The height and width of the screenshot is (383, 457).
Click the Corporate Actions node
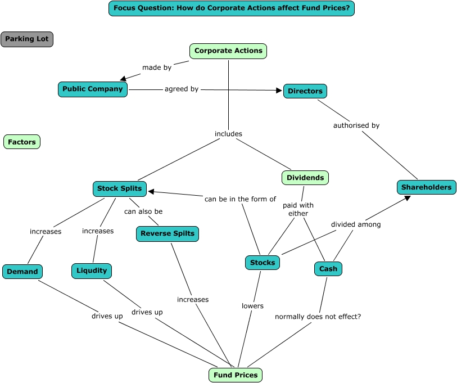pyautogui.click(x=228, y=51)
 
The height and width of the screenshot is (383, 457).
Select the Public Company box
pyautogui.click(x=93, y=89)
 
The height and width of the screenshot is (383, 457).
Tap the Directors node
pyautogui.click(x=305, y=91)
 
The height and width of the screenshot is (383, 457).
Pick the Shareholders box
pyautogui.click(x=426, y=187)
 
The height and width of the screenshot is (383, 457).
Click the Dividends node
pyautogui.click(x=305, y=178)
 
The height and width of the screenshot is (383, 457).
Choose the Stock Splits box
pyautogui.click(x=120, y=188)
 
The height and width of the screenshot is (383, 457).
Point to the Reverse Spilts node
pyautogui.click(x=168, y=233)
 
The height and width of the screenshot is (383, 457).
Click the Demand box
pyautogui.click(x=22, y=272)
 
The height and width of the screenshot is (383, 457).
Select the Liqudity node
pyautogui.click(x=92, y=271)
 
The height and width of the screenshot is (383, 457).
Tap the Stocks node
pyautogui.click(x=263, y=263)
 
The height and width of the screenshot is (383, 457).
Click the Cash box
pyautogui.click(x=328, y=269)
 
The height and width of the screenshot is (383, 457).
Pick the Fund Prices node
pyautogui.click(x=236, y=375)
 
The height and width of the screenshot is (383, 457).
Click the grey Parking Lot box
pyautogui.click(x=27, y=39)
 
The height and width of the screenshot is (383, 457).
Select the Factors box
pyautogui.click(x=22, y=142)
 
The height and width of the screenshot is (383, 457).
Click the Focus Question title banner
pyautogui.click(x=232, y=8)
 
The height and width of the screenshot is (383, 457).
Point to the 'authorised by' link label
pyautogui.click(x=356, y=125)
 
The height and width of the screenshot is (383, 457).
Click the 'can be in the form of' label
pyautogui.click(x=240, y=199)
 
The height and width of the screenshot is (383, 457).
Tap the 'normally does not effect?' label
pyautogui.click(x=318, y=317)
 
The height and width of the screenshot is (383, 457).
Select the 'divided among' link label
pyautogui.click(x=356, y=224)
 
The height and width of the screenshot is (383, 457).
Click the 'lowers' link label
pyautogui.click(x=252, y=306)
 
